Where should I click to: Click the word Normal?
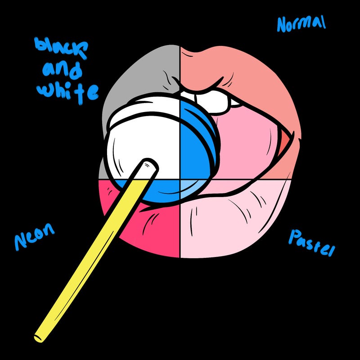pos(301,24)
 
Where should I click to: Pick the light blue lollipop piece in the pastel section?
pos(191,189)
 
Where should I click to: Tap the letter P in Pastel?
pos(295,238)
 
